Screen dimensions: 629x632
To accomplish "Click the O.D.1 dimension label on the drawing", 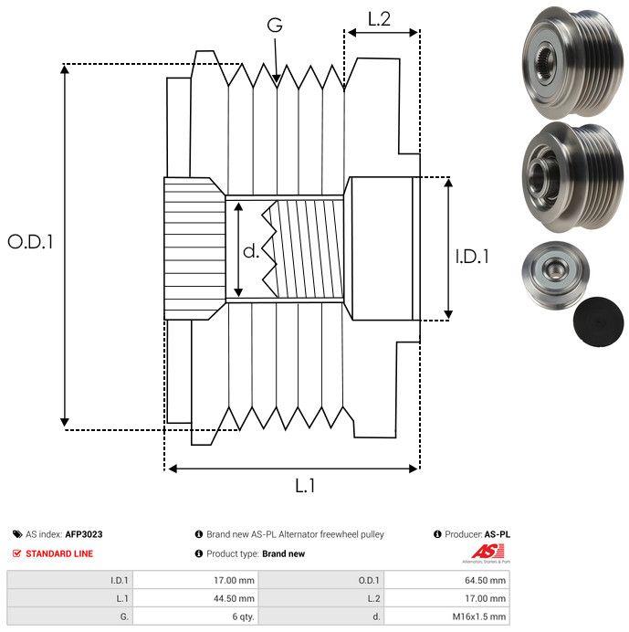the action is point(30,242).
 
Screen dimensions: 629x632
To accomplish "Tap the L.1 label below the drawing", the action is point(305,486).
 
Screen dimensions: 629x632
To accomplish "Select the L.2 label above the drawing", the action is point(379,19).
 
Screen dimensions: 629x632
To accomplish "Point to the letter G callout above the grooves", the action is point(275,25).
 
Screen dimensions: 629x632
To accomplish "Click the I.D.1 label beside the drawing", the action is point(472,257).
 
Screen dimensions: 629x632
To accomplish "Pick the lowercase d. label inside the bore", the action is point(251,251).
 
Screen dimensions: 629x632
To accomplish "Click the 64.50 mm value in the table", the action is point(485,581).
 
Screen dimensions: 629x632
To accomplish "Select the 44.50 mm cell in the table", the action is point(234,598).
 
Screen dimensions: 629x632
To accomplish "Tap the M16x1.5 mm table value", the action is point(478,616).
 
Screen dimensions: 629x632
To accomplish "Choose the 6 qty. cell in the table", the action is point(243,617).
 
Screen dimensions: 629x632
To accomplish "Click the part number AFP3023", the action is point(84,534).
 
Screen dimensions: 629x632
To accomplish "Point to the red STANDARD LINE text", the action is point(59,553).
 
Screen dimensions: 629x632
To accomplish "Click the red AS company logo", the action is point(487,553).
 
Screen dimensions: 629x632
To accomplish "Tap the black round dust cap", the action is point(598,322).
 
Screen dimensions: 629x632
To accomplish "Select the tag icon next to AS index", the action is point(17,534).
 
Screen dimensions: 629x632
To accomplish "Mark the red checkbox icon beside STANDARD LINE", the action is point(16,553).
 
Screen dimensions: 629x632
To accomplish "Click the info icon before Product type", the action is point(199,553).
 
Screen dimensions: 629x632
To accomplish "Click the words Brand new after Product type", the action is point(283,553).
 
